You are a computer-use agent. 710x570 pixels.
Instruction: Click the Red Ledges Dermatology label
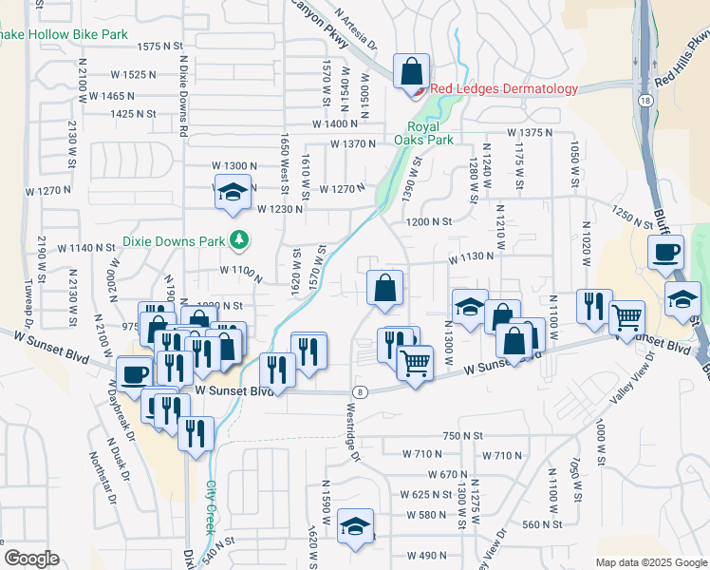pyautogui.click(x=503, y=89)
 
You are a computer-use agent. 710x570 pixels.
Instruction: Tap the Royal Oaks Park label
pyautogui.click(x=430, y=133)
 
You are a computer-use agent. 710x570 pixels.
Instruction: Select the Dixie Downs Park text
pyautogui.click(x=177, y=240)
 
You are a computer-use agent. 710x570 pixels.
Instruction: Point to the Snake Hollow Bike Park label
pyautogui.click(x=64, y=34)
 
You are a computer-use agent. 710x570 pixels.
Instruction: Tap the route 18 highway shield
pyautogui.click(x=645, y=100)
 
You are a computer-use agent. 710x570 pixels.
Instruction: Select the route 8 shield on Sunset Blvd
pyautogui.click(x=360, y=391)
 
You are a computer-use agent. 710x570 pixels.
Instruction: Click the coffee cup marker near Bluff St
pyautogui.click(x=665, y=253)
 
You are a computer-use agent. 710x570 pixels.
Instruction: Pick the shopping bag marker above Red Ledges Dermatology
pyautogui.click(x=411, y=70)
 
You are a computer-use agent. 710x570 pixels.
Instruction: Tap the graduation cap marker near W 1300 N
pyautogui.click(x=232, y=193)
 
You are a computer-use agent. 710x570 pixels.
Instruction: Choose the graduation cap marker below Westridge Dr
pyautogui.click(x=356, y=527)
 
